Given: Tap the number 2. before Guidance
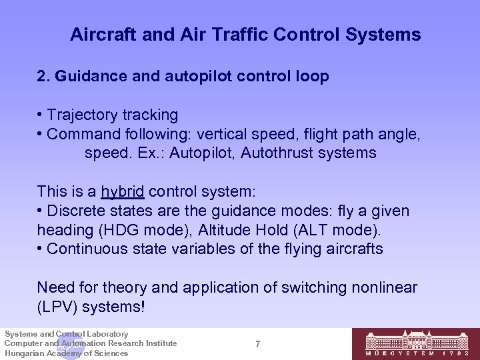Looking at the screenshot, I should tap(44, 77).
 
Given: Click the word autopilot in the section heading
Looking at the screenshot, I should tap(177, 77).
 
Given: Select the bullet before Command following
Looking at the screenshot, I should tap(41, 134).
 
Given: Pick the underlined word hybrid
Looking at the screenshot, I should tap(123, 191).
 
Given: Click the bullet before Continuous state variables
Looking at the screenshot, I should tap(41, 249).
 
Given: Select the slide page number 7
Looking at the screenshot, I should tap(257, 344).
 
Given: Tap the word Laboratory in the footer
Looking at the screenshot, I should tap(106, 333).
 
